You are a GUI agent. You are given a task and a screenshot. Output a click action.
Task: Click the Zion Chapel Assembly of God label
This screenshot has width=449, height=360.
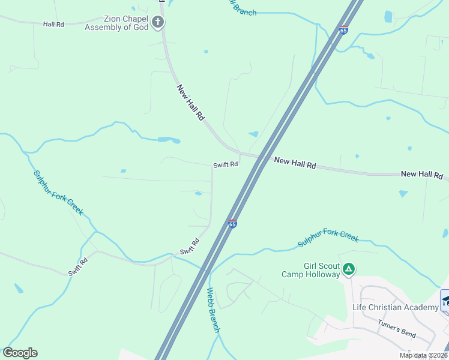click(117, 23)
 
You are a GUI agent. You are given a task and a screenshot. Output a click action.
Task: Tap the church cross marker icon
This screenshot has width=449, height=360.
click(158, 23)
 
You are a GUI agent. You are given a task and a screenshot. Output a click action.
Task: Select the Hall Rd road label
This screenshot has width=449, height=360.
click(53, 24)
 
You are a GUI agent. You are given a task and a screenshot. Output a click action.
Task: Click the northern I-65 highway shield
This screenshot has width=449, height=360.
click(343, 30)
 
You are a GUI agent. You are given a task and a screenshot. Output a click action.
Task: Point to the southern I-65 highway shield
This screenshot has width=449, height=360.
click(232, 224)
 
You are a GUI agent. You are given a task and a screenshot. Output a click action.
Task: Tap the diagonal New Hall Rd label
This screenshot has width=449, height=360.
click(191, 103)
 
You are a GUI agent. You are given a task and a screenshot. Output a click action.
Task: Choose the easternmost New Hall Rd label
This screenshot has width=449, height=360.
click(421, 174)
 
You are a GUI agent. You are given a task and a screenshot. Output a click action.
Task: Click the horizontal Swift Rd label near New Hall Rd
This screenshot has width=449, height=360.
click(225, 164)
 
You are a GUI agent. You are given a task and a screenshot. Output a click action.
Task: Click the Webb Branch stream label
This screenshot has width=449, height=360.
click(214, 311)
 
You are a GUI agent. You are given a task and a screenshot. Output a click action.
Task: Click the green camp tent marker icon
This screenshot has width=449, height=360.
click(349, 270)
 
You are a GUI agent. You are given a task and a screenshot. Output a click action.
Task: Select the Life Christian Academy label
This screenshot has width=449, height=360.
click(395, 308)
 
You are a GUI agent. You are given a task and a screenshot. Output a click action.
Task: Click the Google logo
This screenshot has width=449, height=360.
click(20, 353)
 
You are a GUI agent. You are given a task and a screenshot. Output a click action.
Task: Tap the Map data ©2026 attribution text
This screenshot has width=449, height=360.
click(423, 355)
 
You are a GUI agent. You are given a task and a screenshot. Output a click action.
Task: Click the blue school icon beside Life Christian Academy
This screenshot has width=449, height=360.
click(445, 301)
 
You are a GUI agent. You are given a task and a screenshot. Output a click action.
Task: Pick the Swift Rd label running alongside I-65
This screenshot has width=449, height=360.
click(190, 247)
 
